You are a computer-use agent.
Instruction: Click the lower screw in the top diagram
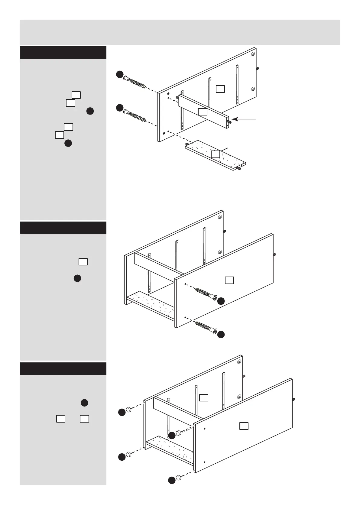(x=135, y=116)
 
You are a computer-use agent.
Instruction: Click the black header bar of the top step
(x=63, y=53)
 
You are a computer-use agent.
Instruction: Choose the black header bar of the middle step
(x=63, y=228)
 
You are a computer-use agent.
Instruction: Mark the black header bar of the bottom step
(x=63, y=368)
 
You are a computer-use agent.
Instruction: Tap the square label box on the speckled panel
(x=215, y=154)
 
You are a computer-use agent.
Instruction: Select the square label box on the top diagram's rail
(x=203, y=112)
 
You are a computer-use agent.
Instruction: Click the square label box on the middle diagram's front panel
(x=229, y=280)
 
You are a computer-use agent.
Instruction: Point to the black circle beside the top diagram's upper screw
(x=120, y=74)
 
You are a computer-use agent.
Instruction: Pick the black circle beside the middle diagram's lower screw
(x=221, y=334)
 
